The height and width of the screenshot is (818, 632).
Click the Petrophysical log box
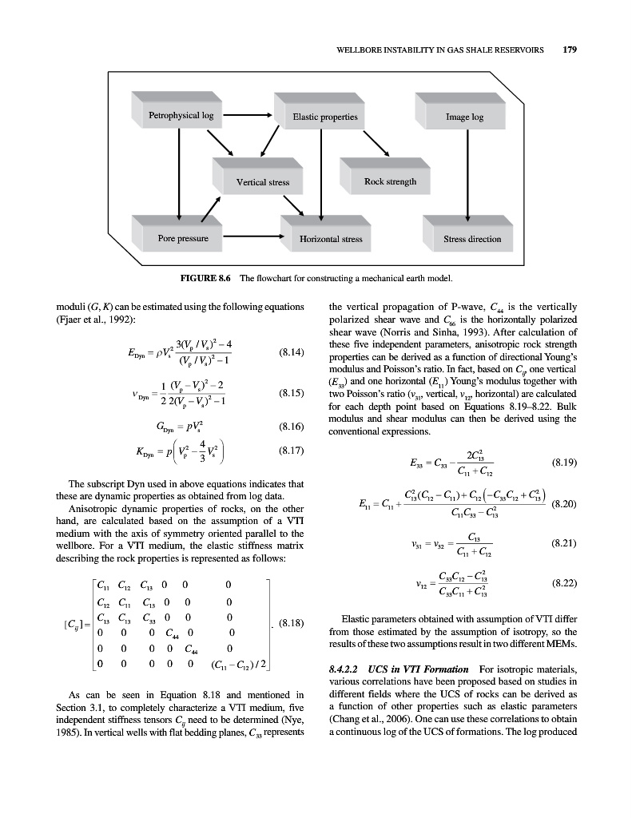181,116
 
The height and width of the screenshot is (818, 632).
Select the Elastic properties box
324,117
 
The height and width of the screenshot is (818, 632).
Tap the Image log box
464,117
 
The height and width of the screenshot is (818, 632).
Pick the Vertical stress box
262,182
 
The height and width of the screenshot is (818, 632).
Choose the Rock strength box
390,181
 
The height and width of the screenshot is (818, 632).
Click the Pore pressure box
183,238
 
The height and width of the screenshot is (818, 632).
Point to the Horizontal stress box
330,239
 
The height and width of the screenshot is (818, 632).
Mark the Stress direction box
472,239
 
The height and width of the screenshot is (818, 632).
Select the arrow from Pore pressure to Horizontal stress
255,238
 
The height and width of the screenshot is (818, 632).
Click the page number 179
570,49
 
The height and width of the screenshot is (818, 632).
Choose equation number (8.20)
565,502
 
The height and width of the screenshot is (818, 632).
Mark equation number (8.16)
291,427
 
